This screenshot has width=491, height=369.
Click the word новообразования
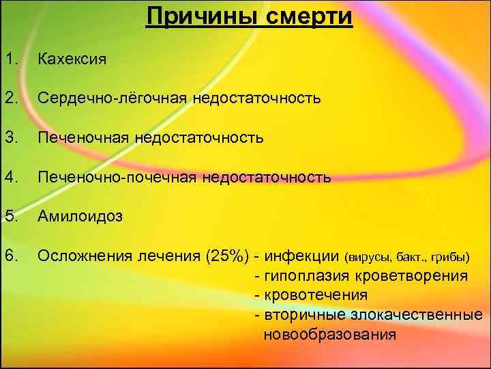[329, 334]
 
